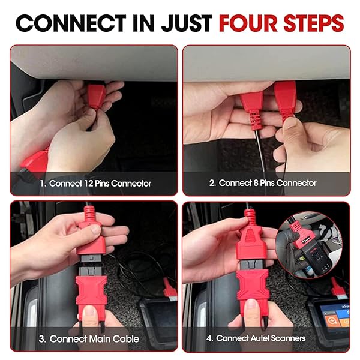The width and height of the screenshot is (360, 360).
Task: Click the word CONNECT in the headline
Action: (71, 23)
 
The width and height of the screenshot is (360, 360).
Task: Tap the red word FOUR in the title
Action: (248, 23)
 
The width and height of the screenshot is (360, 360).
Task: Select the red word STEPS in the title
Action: (314, 23)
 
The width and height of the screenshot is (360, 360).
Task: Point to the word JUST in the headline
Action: (187, 23)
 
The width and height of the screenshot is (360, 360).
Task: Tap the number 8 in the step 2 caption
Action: (256, 183)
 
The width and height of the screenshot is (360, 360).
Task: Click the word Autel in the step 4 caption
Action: (259, 338)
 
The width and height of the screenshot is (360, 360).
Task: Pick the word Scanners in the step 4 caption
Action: (288, 338)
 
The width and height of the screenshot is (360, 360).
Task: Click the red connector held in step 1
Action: (96, 96)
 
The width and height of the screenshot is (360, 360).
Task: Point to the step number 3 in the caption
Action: (42, 339)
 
